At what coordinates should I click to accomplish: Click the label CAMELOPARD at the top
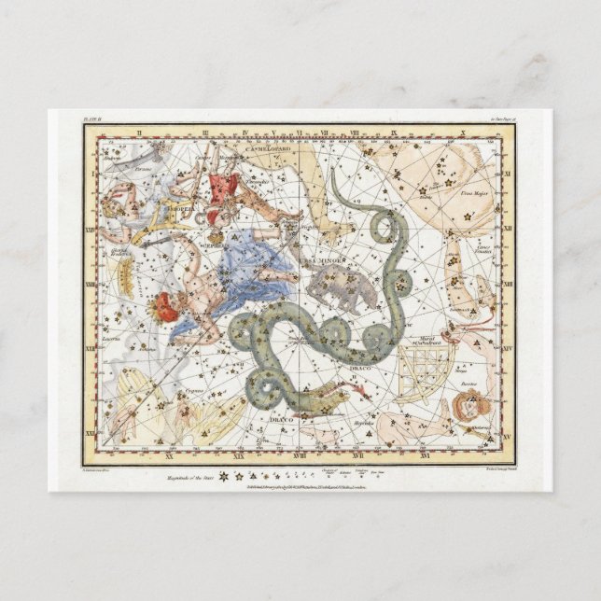tap(269, 147)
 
